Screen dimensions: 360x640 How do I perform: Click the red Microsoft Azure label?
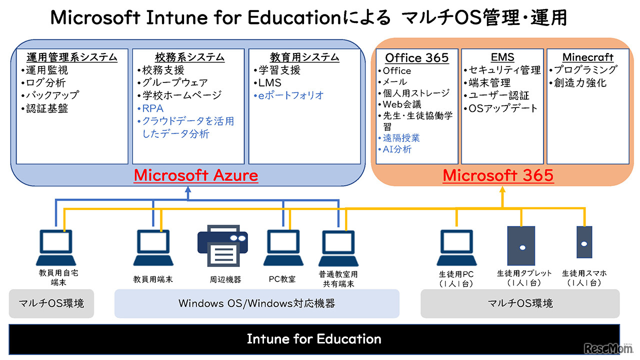click(196, 175)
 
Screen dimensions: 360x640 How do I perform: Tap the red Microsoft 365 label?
click(498, 175)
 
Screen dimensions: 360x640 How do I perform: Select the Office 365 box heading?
click(417, 58)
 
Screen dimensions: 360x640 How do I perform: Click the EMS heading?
click(502, 57)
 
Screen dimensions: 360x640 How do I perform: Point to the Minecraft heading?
click(587, 57)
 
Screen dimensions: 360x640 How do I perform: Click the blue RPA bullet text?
click(152, 108)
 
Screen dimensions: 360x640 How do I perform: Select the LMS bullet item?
click(270, 83)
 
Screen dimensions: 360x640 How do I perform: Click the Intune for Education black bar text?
click(314, 339)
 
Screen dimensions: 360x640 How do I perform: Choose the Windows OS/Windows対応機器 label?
click(256, 303)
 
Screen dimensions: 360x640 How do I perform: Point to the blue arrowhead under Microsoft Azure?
click(188, 190)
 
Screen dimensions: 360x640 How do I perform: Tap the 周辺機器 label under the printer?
click(225, 279)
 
